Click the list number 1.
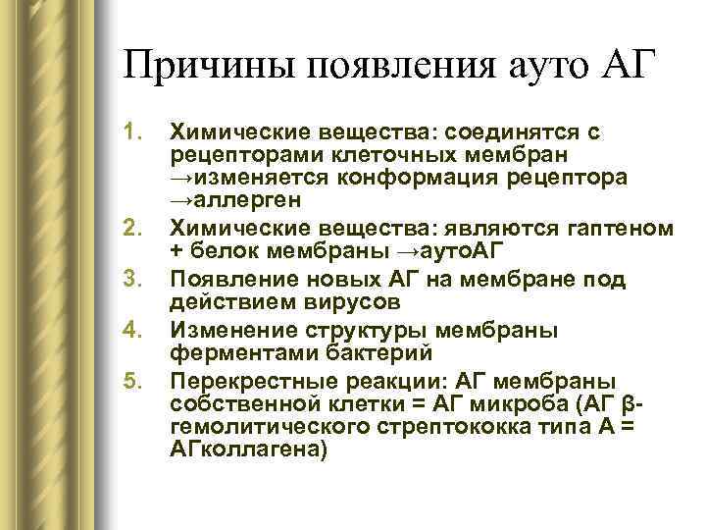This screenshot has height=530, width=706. [x=136, y=132]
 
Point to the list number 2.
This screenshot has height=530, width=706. [x=136, y=229]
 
